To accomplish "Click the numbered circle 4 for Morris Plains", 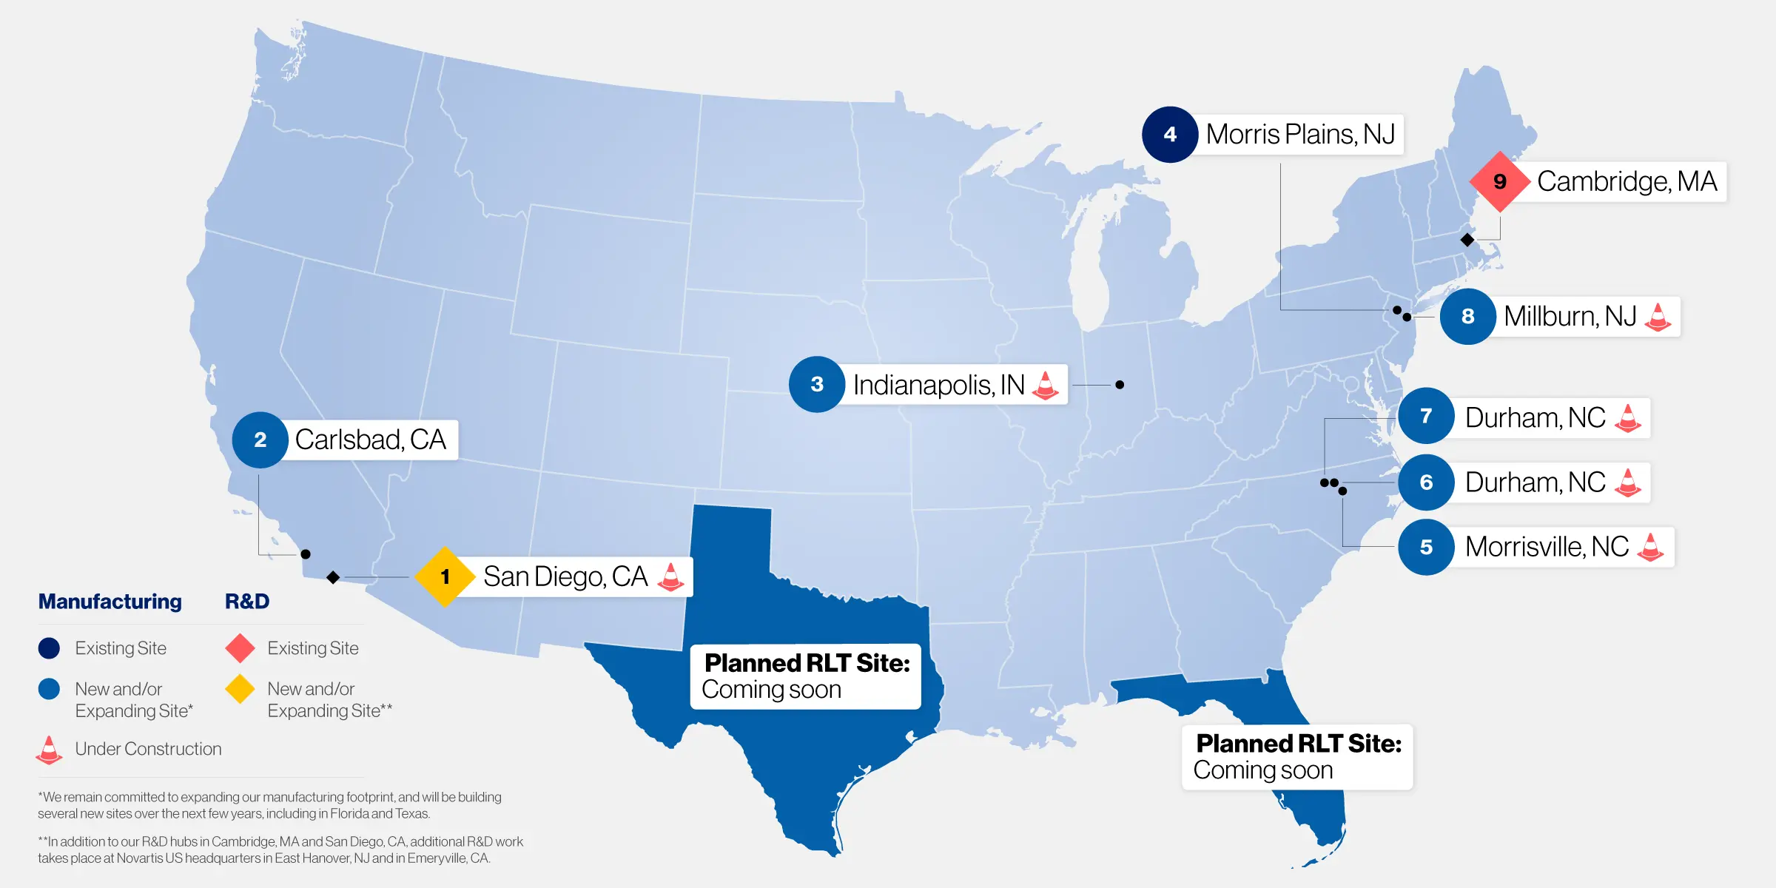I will click(x=1169, y=135).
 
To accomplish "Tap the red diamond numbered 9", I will click(x=1499, y=181).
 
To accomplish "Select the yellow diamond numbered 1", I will click(x=445, y=576).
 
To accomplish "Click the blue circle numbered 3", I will click(x=817, y=384).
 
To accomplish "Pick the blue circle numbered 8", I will click(x=1468, y=317).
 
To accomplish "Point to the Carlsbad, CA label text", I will click(x=370, y=440).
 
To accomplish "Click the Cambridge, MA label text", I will click(x=1627, y=181).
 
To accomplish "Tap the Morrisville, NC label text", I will click(x=1547, y=547).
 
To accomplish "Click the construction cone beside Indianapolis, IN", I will click(x=1045, y=385).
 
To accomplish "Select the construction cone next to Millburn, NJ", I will click(x=1658, y=317).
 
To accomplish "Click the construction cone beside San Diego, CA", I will click(x=670, y=576).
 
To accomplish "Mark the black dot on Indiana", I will click(x=1120, y=385).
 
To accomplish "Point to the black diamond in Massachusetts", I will click(x=1467, y=240).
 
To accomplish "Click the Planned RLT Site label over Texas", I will click(x=806, y=676).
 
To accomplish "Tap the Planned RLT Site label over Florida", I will click(x=1298, y=756).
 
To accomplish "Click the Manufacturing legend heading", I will click(x=110, y=602).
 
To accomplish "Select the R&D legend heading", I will click(x=247, y=602).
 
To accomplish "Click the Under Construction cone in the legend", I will click(x=49, y=750).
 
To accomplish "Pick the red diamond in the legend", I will click(x=240, y=648).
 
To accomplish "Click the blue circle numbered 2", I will click(x=260, y=440).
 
